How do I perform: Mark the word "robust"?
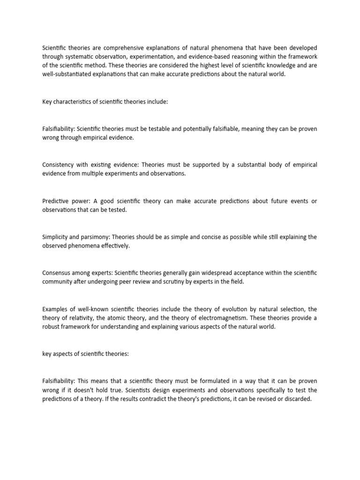pos(51,327)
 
